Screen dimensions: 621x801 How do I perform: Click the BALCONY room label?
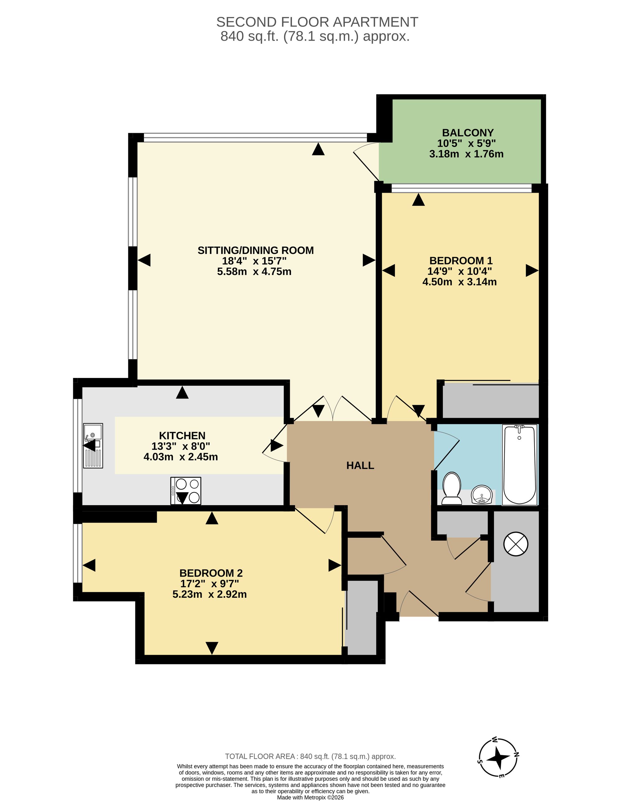click(x=468, y=133)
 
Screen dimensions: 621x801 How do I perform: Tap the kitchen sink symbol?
click(x=93, y=446)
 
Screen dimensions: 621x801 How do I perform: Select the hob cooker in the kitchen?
click(x=186, y=491)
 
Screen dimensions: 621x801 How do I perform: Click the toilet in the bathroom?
click(x=451, y=488)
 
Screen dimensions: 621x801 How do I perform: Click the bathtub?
click(x=519, y=465)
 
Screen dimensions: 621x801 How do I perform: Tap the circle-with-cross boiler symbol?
click(x=516, y=543)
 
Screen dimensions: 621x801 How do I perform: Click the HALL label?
click(x=360, y=466)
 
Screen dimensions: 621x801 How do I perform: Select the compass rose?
click(x=498, y=757)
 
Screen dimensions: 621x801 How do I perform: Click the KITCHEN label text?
click(x=182, y=436)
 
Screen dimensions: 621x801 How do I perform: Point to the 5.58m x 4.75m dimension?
click(x=254, y=272)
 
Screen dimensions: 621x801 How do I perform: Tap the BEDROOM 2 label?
click(x=211, y=573)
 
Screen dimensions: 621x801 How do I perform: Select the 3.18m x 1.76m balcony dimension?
click(x=466, y=154)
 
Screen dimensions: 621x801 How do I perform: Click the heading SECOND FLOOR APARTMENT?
click(x=317, y=22)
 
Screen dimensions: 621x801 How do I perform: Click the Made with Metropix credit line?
click(x=310, y=797)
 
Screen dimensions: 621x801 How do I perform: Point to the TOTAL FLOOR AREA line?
click(x=310, y=756)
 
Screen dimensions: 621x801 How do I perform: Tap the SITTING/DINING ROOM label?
click(x=256, y=250)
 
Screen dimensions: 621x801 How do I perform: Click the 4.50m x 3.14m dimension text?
click(x=460, y=282)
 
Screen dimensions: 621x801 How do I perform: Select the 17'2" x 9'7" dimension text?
click(x=210, y=583)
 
